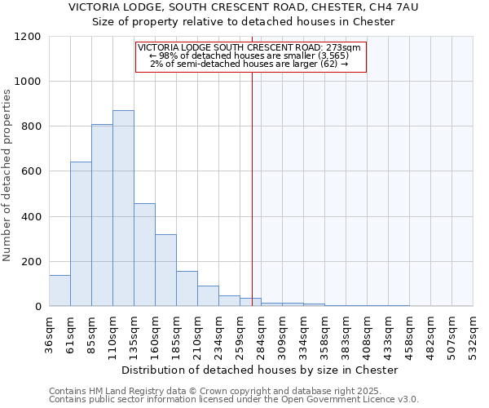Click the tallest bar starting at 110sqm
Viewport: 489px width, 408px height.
tap(123, 208)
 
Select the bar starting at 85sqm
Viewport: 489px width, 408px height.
tap(102, 215)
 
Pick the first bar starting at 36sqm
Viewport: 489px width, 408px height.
tap(59, 290)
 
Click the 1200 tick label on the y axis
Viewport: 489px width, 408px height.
tap(28, 37)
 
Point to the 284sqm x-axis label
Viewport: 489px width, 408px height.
tap(261, 333)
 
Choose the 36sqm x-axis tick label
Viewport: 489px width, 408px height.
tap(49, 333)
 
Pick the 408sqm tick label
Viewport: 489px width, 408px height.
tap(367, 333)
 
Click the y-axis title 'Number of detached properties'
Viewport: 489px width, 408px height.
tap(7, 175)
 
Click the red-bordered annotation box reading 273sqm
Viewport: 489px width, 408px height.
tap(250, 56)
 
